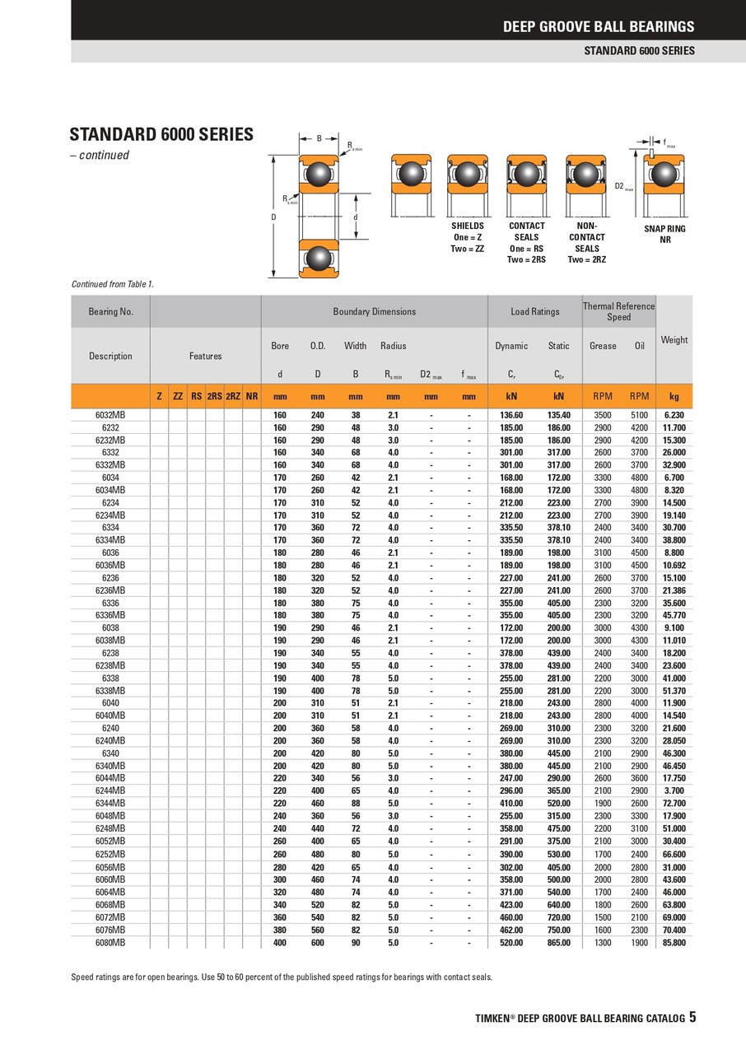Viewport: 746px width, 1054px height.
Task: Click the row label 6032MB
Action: coord(110,415)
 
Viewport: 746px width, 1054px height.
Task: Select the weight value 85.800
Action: coord(674,942)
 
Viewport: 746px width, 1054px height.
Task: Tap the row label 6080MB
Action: coord(110,942)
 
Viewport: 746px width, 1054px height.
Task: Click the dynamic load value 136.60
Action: coord(511,415)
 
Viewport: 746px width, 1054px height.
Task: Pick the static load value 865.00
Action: coord(558,942)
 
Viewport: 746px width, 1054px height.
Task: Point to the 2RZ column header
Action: coord(233,396)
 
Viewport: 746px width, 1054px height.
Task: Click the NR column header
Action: coord(252,396)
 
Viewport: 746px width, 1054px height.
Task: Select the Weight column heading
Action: coord(674,340)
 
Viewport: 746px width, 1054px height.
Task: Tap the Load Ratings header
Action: coord(534,312)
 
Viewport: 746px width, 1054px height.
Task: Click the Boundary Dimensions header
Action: coord(374,312)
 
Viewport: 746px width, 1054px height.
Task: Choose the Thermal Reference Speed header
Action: coord(618,311)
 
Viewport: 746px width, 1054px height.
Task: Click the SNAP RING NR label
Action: coord(665,234)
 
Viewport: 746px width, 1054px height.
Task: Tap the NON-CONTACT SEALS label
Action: coord(587,243)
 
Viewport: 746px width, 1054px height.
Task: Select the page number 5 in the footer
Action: coord(692,1017)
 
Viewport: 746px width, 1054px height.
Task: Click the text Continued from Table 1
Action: coord(113,284)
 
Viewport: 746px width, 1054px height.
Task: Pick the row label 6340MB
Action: coord(110,766)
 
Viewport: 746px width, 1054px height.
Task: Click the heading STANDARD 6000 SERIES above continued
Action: coord(161,134)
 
